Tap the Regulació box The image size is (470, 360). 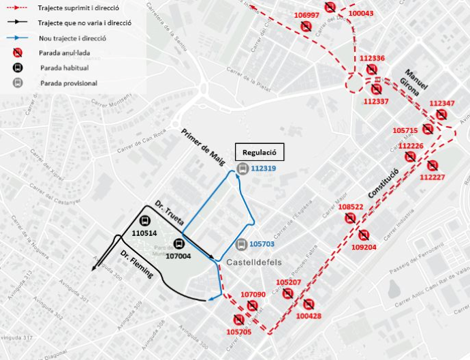click(x=258, y=151)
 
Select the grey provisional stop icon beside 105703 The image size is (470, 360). click(x=241, y=245)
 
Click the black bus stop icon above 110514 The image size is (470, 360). click(x=144, y=220)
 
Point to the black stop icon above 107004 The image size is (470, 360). click(x=179, y=243)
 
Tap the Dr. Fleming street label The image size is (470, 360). click(x=136, y=265)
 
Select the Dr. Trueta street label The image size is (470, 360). click(x=168, y=213)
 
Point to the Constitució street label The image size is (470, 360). click(x=382, y=184)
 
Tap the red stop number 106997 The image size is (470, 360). click(x=307, y=15)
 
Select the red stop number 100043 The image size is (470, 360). click(x=360, y=13)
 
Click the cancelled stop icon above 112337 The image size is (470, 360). click(x=377, y=89)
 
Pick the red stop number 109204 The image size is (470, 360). click(x=364, y=247)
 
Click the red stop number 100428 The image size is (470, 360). click(x=309, y=316)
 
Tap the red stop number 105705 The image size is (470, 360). click(x=238, y=331)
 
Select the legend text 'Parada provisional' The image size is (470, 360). click(x=68, y=83)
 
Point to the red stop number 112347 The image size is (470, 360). click(x=442, y=103)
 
